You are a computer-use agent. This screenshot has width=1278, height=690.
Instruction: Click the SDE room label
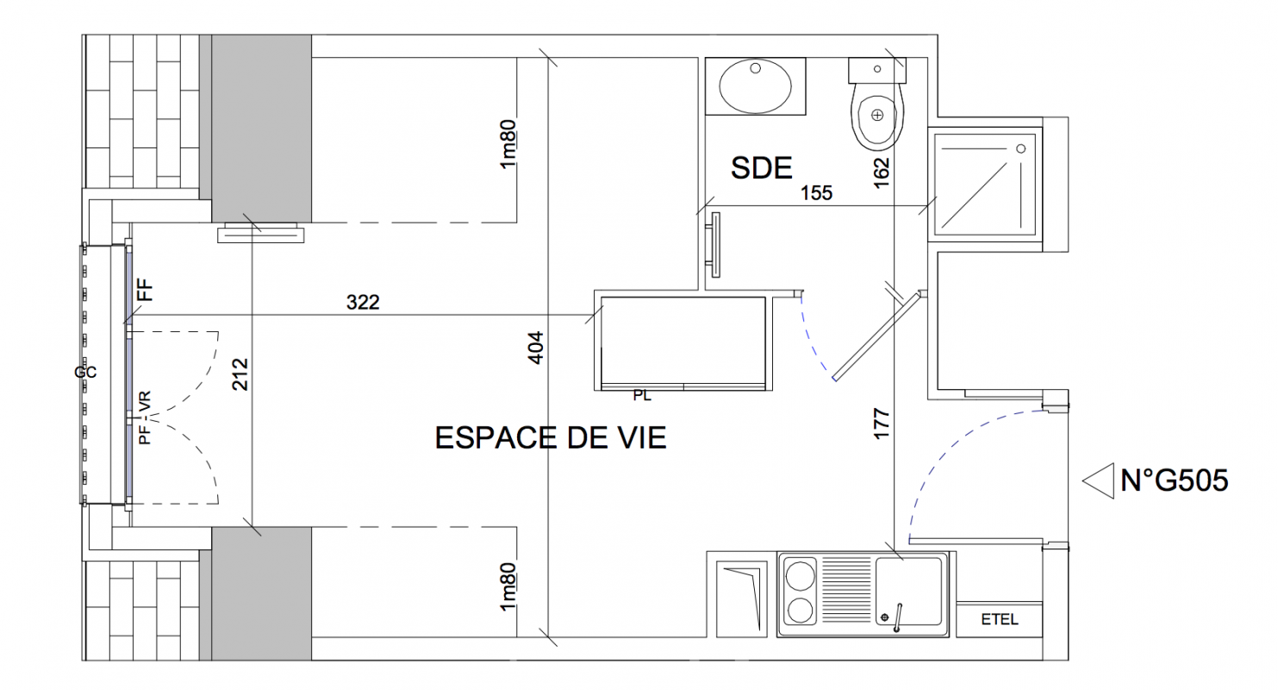(x=762, y=168)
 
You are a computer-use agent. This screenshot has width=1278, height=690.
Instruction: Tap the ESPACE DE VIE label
(x=551, y=438)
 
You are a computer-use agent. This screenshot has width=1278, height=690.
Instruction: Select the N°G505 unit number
(x=1175, y=481)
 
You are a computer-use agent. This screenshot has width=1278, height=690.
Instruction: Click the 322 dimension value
(x=363, y=302)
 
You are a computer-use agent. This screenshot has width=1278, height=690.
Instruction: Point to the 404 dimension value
(x=536, y=348)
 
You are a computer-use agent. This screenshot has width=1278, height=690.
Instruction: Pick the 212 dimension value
(x=240, y=374)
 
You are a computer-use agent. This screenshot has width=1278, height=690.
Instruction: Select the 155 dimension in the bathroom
(x=816, y=193)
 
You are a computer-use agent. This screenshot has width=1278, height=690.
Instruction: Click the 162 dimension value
(x=882, y=172)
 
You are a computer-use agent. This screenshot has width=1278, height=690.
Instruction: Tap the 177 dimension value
(x=882, y=423)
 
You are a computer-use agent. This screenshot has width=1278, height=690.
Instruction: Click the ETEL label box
(x=999, y=619)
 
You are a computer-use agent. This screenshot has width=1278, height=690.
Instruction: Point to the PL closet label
(x=642, y=396)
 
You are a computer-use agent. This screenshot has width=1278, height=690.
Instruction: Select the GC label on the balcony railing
(x=85, y=373)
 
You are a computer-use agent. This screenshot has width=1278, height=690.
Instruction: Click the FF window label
(x=146, y=290)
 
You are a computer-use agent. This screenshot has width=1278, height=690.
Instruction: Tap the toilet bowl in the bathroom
(x=877, y=117)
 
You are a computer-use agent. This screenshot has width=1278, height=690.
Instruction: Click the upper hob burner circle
(x=800, y=575)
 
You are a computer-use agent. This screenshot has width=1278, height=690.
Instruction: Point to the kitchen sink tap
(x=897, y=618)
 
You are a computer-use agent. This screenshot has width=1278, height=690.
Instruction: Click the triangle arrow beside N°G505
(x=1098, y=481)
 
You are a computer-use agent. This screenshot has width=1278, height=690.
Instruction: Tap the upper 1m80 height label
(x=508, y=144)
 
